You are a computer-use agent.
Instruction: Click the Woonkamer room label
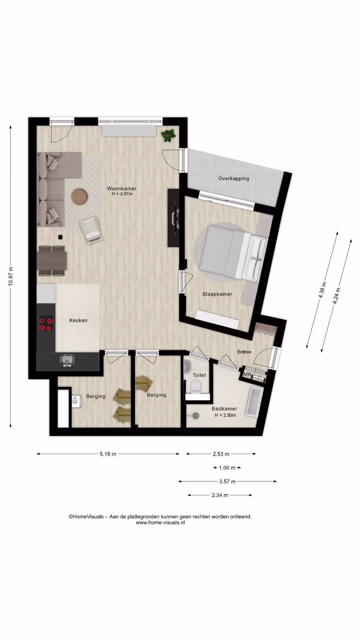tap(122, 188)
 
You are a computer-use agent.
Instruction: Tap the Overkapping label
tap(233, 178)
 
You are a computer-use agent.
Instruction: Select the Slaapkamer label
tap(217, 294)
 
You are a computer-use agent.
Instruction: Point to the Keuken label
tap(78, 320)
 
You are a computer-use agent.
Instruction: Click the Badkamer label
tap(224, 409)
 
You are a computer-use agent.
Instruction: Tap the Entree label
tap(244, 352)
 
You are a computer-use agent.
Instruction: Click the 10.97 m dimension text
tap(11, 277)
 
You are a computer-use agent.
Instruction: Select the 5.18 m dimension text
tap(108, 454)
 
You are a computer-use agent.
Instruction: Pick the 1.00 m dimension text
tap(227, 468)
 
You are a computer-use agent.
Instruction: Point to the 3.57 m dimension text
tap(227, 481)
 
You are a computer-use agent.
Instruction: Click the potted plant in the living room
tap(168, 135)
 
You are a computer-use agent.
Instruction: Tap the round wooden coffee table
tap(79, 196)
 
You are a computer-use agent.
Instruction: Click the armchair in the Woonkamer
tap(91, 230)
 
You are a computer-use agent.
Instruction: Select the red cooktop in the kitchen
tap(46, 324)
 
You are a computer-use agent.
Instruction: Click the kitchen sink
tap(67, 360)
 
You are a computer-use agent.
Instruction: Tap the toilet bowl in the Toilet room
tap(195, 386)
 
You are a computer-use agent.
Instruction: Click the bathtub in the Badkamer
tap(253, 402)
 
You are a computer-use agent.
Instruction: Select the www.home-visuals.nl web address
tap(160, 523)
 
